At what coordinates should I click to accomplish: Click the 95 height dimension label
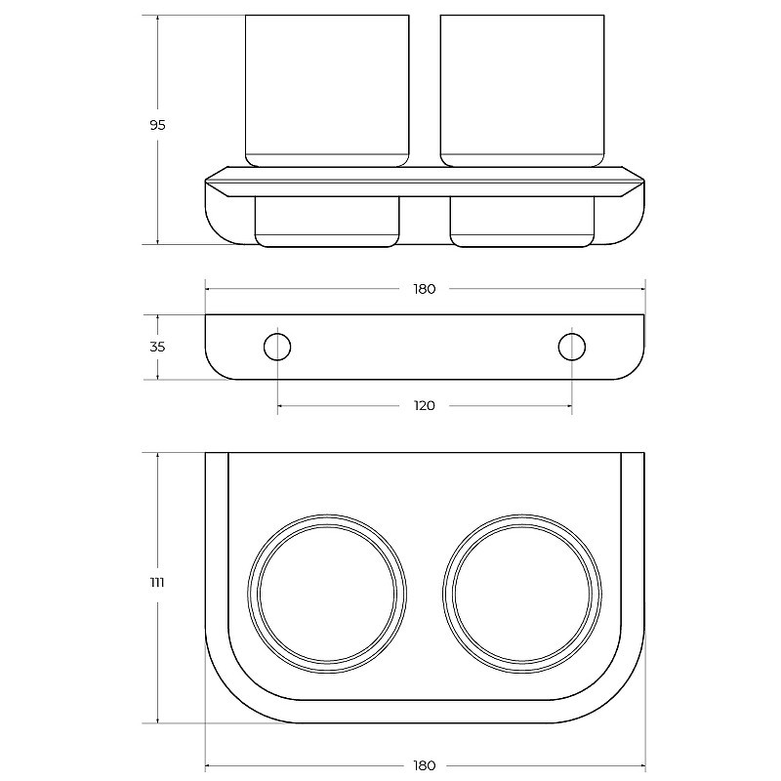pos(157,125)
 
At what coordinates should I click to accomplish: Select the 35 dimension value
pos(157,347)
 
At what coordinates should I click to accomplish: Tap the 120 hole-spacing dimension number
pos(425,406)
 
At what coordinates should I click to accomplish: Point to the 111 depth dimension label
pos(157,582)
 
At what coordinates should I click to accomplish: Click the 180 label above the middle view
pos(425,289)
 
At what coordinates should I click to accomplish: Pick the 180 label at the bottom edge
pos(425,765)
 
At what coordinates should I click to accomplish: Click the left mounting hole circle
pos(277,334)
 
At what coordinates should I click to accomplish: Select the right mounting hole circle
pos(572,334)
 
